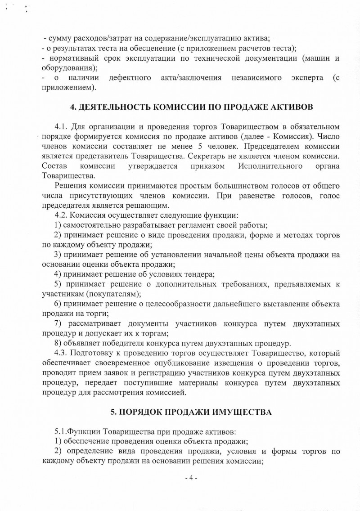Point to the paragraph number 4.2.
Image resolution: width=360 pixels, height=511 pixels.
click(x=61, y=215)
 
